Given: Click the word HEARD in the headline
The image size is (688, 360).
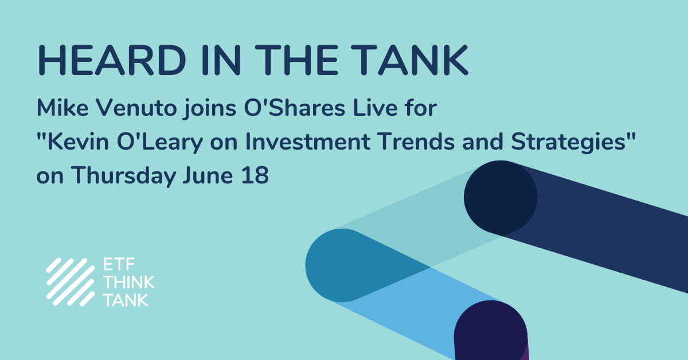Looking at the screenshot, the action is coord(112,60).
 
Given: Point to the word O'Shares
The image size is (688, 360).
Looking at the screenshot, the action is coord(295,108).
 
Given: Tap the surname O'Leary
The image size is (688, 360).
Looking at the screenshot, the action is coord(160,143).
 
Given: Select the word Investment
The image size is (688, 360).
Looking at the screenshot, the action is coord(308,142).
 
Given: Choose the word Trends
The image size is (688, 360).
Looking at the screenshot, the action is coord(416,142).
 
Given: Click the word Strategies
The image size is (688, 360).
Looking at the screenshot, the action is coord(569,143).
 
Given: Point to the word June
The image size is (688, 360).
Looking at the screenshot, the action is coord(208,175).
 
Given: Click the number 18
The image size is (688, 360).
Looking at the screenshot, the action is coord(255,175).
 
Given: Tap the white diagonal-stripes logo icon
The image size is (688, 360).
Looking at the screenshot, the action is coord(71,282).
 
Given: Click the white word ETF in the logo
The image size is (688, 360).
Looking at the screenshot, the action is coord(119,264).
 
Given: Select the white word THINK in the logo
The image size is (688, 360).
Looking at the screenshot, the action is coord(128,282).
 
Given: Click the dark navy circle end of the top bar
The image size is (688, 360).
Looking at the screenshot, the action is coord(501,197).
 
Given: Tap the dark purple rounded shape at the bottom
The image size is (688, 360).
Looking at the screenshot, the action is coord(491,332).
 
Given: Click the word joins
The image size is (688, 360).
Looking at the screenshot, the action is coord(210,109).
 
